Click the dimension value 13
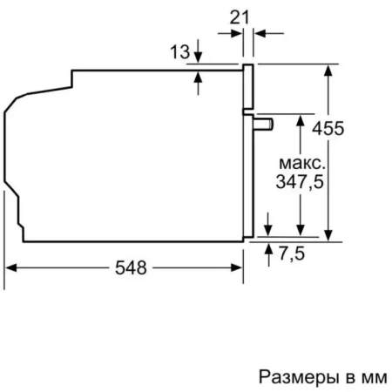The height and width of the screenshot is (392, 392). coord(179,52)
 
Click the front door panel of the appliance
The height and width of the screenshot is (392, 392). coord(248,148)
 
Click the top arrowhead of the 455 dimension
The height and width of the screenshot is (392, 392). coord(328,69)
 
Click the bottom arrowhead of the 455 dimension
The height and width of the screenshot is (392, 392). coord(328,232)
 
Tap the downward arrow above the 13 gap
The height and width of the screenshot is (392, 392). coord(199,57)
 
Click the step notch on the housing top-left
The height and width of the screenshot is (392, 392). coord(70,84)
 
